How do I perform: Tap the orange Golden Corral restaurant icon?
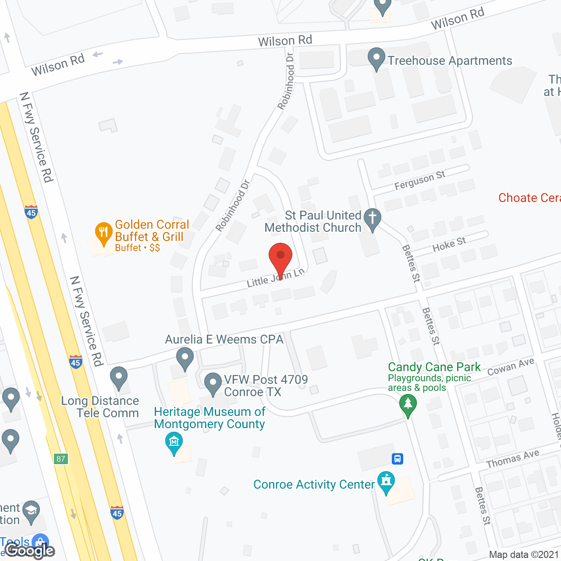coord(103,233)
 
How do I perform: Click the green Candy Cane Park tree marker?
coord(408,405)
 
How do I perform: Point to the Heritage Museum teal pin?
coord(174,443)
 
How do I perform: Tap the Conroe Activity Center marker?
coord(386,482)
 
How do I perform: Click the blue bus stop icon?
coord(398,459)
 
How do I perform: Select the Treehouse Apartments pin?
coord(376,59)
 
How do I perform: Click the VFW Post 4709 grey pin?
coord(213,383)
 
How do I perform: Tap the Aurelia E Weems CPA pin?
coord(185,358)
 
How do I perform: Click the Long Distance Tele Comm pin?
coord(119,377)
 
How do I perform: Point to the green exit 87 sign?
coord(61,459)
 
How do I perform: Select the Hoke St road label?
coord(449,244)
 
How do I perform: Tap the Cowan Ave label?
coord(511,366)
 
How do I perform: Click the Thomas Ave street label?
coord(512,459)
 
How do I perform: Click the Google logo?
coord(30,550)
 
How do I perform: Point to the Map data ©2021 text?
coord(524,555)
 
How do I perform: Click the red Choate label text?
coord(529,198)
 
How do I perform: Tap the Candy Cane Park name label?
coord(434,367)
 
